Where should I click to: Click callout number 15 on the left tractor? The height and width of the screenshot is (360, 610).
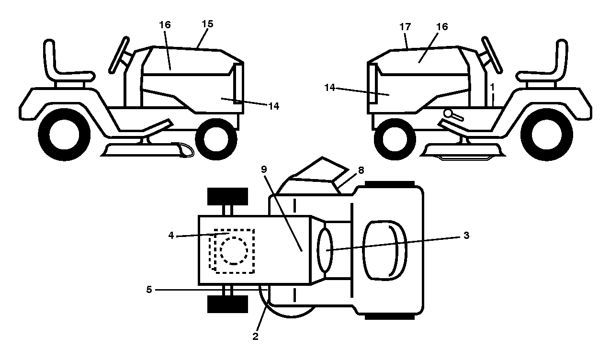(207, 24)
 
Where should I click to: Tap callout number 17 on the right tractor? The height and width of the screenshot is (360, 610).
(405, 27)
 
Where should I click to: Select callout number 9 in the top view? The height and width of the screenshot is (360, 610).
(264, 169)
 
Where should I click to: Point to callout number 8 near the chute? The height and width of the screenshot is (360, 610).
(361, 170)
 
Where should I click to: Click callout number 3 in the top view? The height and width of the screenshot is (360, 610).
(466, 235)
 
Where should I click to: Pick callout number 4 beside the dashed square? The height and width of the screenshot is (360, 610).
(171, 235)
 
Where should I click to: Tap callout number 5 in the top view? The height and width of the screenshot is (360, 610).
(149, 290)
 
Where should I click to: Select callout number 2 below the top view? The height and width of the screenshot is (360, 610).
(255, 337)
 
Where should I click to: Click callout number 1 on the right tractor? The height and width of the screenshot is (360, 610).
(492, 87)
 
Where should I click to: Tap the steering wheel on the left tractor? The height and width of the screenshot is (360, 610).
(119, 55)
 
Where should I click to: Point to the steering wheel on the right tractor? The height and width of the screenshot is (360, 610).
(492, 55)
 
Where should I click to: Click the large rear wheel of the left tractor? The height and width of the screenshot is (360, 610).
(64, 135)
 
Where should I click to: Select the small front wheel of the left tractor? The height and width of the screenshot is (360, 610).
(216, 139)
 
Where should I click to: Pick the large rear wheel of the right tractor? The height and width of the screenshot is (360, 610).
(546, 135)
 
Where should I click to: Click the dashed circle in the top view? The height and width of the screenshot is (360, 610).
(234, 251)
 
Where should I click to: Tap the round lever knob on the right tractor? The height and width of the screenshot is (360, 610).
(448, 113)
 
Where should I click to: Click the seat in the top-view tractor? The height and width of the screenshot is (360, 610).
(384, 250)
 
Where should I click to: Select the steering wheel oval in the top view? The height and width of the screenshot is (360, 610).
(325, 250)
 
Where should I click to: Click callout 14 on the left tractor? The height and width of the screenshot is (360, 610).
(274, 106)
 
